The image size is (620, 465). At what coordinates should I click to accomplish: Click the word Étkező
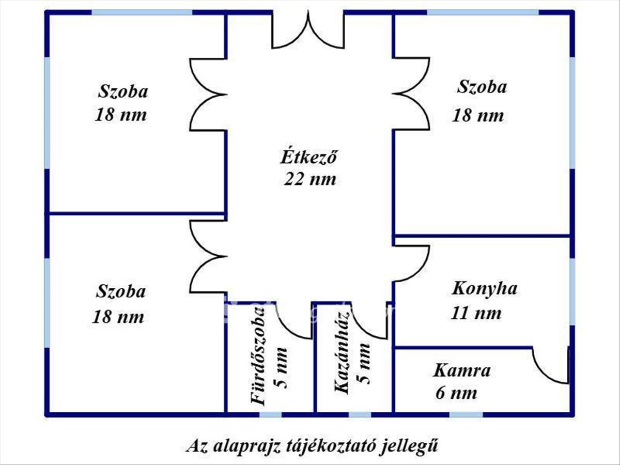[x=308, y=157]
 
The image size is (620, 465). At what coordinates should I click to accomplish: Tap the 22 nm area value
[x=309, y=179]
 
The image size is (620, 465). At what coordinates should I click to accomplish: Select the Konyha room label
[x=484, y=288]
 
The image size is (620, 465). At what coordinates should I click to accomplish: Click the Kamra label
[x=462, y=370]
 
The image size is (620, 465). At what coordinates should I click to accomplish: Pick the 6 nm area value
[x=456, y=393]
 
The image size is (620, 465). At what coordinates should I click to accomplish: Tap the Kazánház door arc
[x=369, y=323]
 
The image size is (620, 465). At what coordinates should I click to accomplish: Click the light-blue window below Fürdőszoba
[x=270, y=414]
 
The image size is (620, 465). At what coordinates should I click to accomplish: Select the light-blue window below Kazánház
[x=360, y=414]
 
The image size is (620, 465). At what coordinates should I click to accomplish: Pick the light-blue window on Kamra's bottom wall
[x=466, y=414]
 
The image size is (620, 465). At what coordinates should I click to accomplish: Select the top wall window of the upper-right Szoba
[x=483, y=12]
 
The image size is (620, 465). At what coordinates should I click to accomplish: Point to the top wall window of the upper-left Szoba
[x=142, y=12]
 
